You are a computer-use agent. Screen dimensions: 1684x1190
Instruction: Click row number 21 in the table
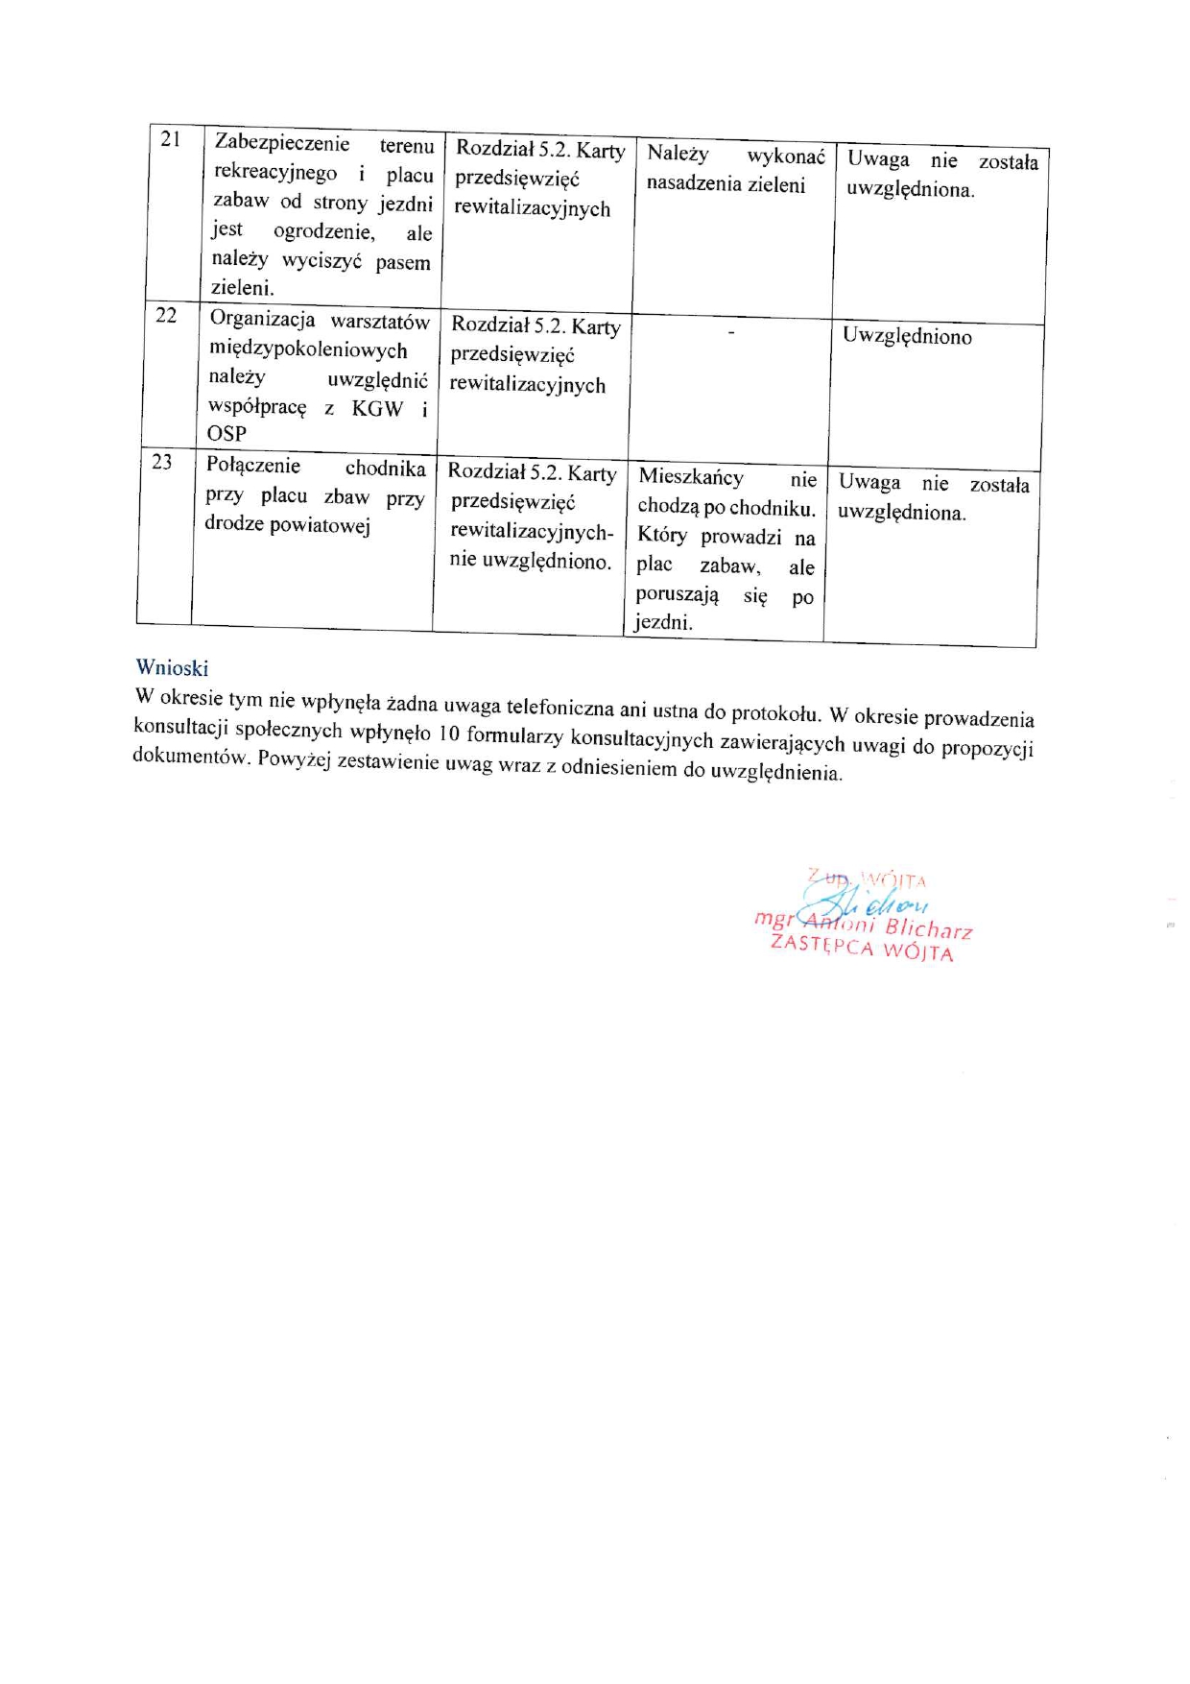pyautogui.click(x=170, y=139)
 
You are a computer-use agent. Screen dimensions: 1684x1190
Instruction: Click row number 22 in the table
pyautogui.click(x=166, y=315)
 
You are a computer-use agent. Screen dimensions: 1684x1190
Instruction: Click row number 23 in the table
pyautogui.click(x=162, y=462)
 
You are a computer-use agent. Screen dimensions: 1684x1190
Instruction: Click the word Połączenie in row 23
pyautogui.click(x=252, y=466)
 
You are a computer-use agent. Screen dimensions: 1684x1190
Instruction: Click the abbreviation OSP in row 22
pyautogui.click(x=226, y=434)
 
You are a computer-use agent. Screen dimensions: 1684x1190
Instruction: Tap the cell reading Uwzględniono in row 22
pyautogui.click(x=907, y=336)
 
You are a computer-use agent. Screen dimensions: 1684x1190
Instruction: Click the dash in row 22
pyautogui.click(x=731, y=332)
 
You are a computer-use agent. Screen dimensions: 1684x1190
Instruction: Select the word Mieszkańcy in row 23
pyautogui.click(x=691, y=476)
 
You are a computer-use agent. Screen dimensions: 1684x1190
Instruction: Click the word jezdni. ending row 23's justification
pyautogui.click(x=663, y=622)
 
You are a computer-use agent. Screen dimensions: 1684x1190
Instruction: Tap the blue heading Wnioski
pyautogui.click(x=172, y=667)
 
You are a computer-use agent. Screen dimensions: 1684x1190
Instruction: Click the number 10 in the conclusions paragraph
pyautogui.click(x=448, y=734)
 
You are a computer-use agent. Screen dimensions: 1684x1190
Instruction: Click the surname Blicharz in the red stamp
pyautogui.click(x=928, y=927)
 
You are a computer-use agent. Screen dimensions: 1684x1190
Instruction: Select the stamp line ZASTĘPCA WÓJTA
pyautogui.click(x=862, y=948)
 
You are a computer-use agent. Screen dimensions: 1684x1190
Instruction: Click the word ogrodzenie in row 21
pyautogui.click(x=323, y=231)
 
